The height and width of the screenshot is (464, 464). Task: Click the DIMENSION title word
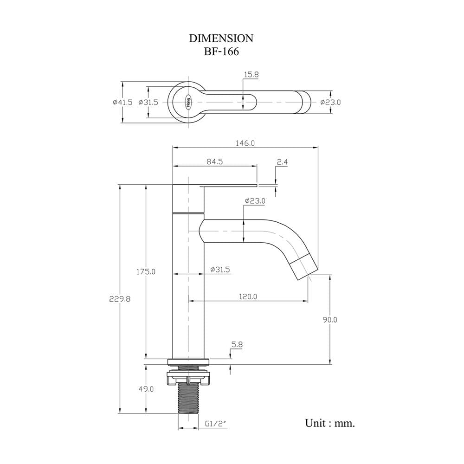(221, 38)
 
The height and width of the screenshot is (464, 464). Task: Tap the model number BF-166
(221, 52)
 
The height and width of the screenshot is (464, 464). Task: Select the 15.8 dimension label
(251, 75)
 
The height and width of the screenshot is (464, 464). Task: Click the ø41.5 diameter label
(122, 103)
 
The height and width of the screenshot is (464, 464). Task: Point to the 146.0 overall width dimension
(245, 143)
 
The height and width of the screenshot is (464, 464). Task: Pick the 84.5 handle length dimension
(214, 161)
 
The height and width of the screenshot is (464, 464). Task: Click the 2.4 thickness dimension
(282, 162)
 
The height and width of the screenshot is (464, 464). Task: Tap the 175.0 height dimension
(146, 271)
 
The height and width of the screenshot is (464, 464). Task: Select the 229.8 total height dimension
(120, 299)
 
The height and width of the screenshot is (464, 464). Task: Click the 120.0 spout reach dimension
(248, 296)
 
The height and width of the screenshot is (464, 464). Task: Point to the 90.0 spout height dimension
(329, 320)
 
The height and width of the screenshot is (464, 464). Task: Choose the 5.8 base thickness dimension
(237, 344)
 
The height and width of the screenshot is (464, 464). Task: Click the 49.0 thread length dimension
(146, 389)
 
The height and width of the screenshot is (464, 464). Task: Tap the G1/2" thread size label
(216, 424)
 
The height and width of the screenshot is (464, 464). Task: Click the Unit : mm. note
(330, 423)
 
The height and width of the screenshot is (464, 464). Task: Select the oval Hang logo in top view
(188, 103)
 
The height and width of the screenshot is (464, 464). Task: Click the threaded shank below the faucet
(188, 398)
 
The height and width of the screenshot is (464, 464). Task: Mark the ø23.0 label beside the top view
(330, 103)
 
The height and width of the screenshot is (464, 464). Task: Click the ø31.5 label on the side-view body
(220, 270)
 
